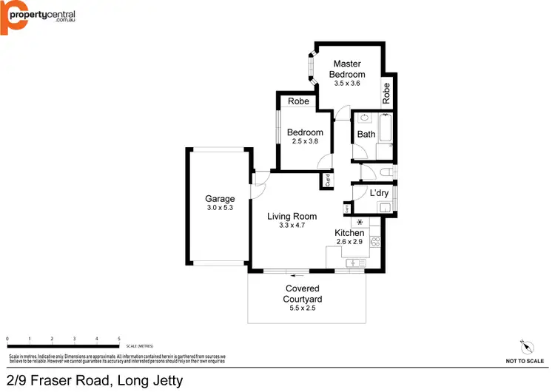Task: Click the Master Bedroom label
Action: (x=348, y=69)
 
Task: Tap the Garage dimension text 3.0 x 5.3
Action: (x=220, y=208)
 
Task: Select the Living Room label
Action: (x=292, y=217)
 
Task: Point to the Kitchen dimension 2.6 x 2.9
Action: (x=349, y=242)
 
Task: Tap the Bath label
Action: (x=366, y=135)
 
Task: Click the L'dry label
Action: (x=378, y=194)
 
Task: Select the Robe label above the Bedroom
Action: (x=298, y=101)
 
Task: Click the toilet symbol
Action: (x=384, y=172)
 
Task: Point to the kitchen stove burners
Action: (x=374, y=241)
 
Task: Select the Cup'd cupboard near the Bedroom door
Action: (x=327, y=180)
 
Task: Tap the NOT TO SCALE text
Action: (x=525, y=361)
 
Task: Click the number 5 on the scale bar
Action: (x=119, y=338)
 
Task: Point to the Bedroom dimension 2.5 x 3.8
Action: (x=305, y=141)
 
